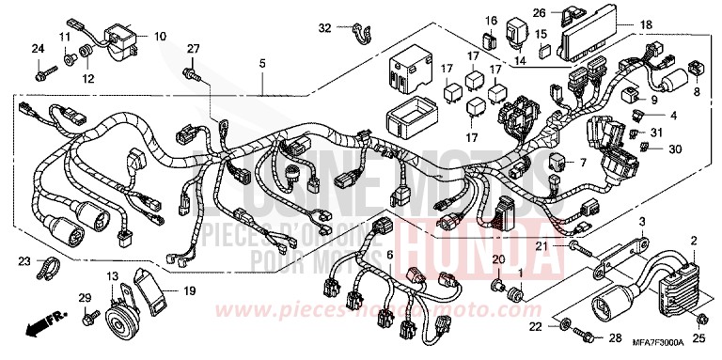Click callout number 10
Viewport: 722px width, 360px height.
point(159,37)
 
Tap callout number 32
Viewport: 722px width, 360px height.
point(324,27)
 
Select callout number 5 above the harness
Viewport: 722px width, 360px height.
point(262,63)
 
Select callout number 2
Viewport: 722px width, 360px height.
point(694,242)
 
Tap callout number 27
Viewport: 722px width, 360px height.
point(193,48)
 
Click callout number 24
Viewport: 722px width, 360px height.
point(38,48)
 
